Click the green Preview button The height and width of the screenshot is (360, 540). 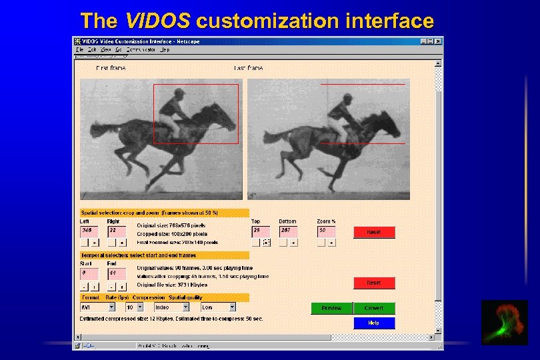(x=331, y=308)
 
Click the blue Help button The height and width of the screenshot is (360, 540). (x=374, y=323)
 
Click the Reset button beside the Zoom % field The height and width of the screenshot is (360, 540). (x=374, y=232)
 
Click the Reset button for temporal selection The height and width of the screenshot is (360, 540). (x=374, y=283)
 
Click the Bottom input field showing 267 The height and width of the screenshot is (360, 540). (x=287, y=231)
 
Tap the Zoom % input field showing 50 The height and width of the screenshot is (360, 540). (x=326, y=231)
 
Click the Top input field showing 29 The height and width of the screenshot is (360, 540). (x=261, y=231)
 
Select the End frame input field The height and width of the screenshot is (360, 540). (x=116, y=273)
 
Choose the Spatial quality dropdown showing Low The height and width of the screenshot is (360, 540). (x=218, y=307)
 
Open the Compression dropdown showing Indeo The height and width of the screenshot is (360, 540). (x=171, y=307)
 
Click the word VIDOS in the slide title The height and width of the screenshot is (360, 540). (x=157, y=21)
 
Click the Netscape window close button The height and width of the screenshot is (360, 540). (x=438, y=41)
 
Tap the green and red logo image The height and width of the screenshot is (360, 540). (x=504, y=322)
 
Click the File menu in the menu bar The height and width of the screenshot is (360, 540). (x=79, y=49)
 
